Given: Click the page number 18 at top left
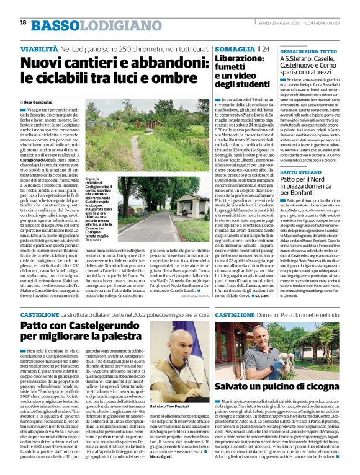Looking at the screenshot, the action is (23, 22).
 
